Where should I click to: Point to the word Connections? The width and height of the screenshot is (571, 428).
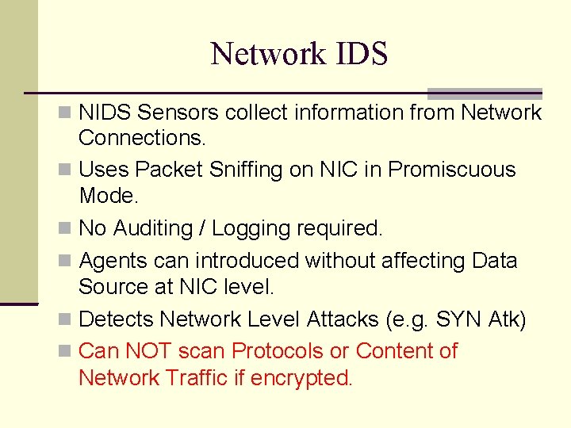[x=142, y=138]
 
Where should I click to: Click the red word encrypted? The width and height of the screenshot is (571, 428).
[x=301, y=378]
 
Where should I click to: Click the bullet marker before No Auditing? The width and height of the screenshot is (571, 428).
[x=71, y=229]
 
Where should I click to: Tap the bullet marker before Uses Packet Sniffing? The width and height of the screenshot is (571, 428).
[x=71, y=170]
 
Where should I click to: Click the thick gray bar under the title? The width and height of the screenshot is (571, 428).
[x=485, y=93]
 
